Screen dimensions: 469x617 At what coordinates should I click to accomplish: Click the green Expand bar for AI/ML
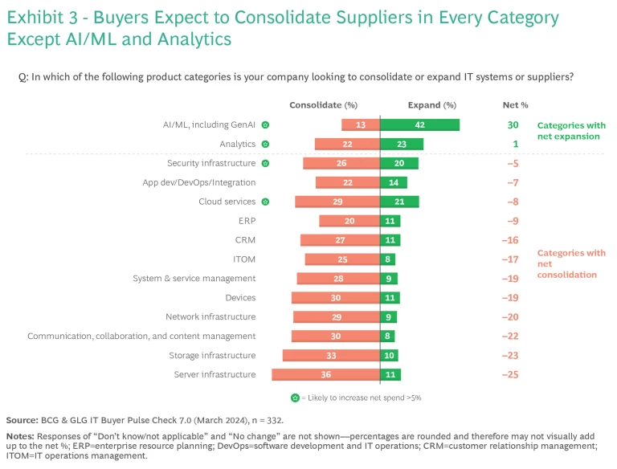click(x=419, y=124)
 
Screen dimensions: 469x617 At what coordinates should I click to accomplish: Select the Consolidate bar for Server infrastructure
click(x=325, y=374)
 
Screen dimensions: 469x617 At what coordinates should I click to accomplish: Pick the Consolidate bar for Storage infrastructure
click(x=331, y=355)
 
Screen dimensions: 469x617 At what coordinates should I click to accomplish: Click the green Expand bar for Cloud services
click(x=399, y=202)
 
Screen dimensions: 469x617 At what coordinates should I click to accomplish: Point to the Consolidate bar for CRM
click(x=340, y=240)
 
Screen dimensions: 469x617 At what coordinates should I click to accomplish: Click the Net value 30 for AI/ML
click(x=513, y=124)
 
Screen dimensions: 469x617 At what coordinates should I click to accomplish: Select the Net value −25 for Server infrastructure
click(x=510, y=374)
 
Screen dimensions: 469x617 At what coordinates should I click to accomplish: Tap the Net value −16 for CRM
click(x=510, y=240)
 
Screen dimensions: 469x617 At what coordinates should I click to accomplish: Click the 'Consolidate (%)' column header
click(x=323, y=104)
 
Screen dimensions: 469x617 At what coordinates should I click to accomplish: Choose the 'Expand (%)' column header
click(x=431, y=104)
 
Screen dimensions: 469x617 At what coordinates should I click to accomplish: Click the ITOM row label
click(x=244, y=259)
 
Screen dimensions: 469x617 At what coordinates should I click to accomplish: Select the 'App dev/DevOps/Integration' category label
click(x=199, y=182)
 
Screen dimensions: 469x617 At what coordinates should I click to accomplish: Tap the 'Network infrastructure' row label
click(x=210, y=316)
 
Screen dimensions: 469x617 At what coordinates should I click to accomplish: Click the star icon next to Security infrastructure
click(x=266, y=163)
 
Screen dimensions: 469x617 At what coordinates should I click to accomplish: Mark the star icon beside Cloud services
click(x=266, y=202)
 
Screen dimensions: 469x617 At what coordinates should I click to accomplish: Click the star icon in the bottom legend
click(x=295, y=398)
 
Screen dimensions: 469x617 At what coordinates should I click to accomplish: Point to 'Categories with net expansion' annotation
click(x=570, y=131)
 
